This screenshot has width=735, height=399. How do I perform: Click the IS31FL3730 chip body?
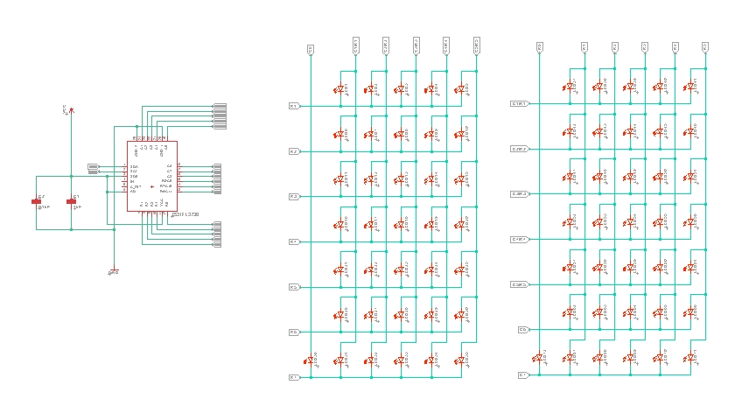click(x=151, y=175)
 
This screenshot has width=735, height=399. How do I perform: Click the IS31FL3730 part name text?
click(x=185, y=213)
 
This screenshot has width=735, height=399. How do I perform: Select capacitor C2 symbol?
click(x=37, y=201)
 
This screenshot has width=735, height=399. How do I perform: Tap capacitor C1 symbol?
click(x=71, y=201)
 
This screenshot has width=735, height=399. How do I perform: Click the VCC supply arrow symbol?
click(x=71, y=110)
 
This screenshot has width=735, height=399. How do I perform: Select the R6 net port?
click(x=294, y=332)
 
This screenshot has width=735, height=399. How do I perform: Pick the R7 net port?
click(x=294, y=377)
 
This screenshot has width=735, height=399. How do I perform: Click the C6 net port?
click(x=523, y=330)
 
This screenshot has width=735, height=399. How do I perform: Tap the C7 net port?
click(x=523, y=374)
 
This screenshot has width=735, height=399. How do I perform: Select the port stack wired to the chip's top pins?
click(x=219, y=115)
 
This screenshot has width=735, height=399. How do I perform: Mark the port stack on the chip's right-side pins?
click(x=216, y=178)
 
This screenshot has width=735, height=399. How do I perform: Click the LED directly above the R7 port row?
click(x=311, y=359)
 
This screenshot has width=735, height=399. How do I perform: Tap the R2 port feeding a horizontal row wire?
click(x=294, y=151)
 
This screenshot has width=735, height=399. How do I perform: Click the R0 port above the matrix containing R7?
click(x=310, y=50)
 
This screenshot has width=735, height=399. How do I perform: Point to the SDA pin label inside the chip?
click(x=134, y=166)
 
